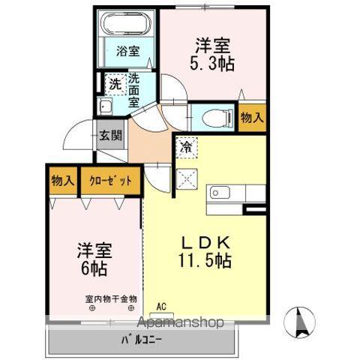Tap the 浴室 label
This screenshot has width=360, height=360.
coord(127,52)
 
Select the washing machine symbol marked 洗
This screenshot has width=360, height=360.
coord(115,84)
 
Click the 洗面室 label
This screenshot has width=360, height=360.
coord(134,89)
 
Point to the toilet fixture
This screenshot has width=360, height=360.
coord(211,116)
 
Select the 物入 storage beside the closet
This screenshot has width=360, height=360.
coord(62,181)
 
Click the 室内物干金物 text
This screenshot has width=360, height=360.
coord(110,299)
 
